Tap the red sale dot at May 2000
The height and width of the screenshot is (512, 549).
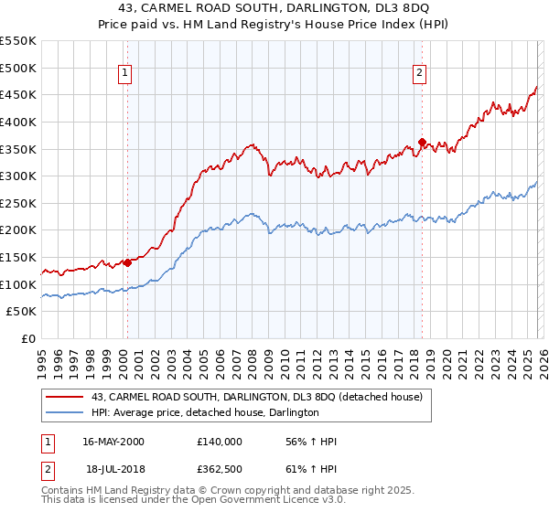coord(127,262)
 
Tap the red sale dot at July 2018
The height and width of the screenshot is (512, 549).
coord(422,142)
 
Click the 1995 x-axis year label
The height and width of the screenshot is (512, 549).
coord(41,357)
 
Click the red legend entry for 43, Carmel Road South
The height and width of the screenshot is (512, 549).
coord(256,397)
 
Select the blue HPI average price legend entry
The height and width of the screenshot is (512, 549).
coord(204,413)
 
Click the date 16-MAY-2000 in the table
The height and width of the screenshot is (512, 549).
coord(113,442)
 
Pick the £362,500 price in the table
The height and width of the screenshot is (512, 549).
coord(220,469)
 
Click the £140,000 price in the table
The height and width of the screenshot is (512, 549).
coord(220,442)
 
